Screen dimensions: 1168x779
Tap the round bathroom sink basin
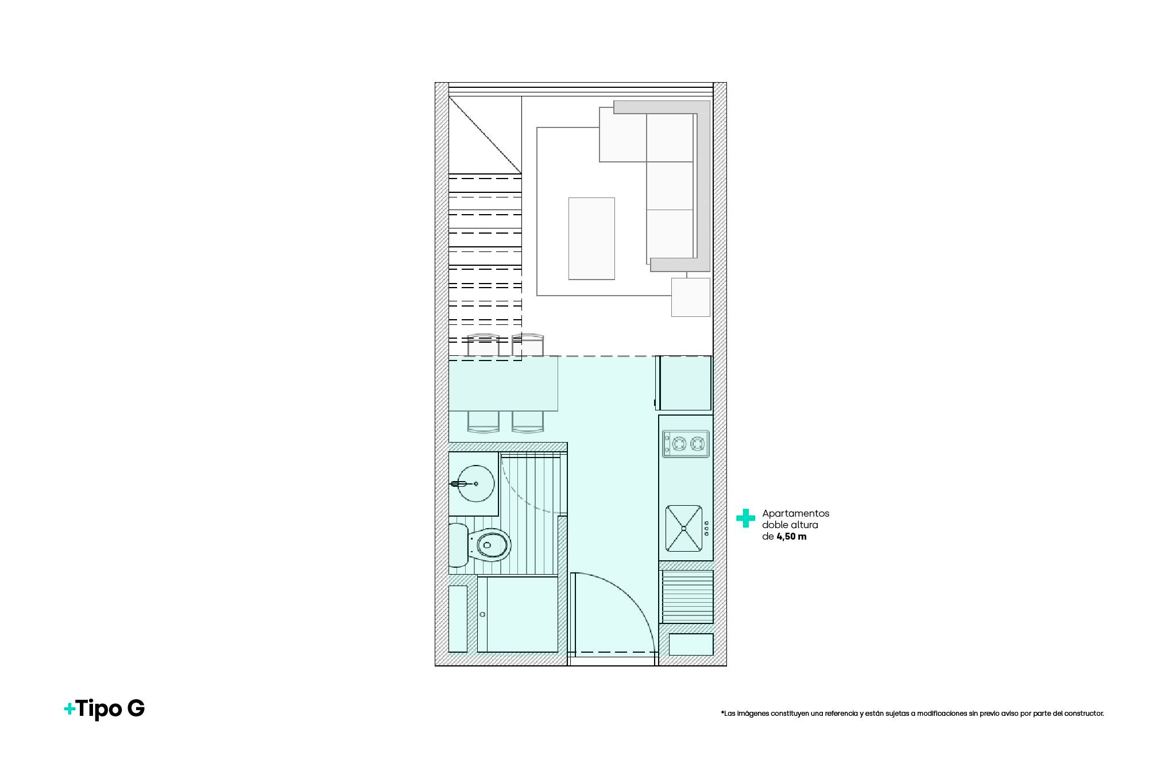coord(476,483)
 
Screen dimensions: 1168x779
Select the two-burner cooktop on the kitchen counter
coord(686,444)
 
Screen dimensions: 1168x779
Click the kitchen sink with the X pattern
coord(683,528)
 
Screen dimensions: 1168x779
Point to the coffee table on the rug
coord(591,238)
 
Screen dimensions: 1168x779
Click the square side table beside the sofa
coord(691,297)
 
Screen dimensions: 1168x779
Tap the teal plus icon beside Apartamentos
coord(745,518)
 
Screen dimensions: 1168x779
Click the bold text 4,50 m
coord(791,537)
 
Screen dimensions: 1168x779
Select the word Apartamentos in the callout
coord(795,513)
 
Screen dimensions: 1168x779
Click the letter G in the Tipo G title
coord(136,708)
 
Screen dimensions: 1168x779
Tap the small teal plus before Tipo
coord(69,710)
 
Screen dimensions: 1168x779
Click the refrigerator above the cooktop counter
coord(684,383)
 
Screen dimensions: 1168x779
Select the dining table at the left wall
coord(503,383)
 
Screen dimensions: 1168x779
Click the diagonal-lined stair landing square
coord(485,135)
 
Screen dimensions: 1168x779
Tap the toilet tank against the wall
coord(458,545)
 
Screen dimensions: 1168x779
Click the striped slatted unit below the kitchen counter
coord(687,596)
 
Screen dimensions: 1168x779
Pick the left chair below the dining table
coord(484,421)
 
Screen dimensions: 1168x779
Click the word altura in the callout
coord(804,525)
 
